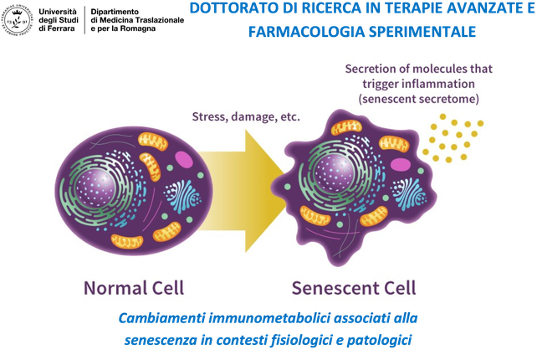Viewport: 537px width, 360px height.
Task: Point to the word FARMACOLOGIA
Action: pyautogui.click(x=298, y=33)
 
